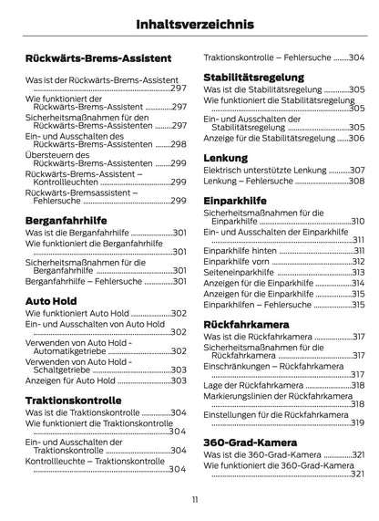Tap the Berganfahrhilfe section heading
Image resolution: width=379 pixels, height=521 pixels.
click(x=67, y=221)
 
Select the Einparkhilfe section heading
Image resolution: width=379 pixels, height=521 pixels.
click(x=236, y=198)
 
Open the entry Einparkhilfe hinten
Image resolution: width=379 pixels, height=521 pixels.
click(x=241, y=250)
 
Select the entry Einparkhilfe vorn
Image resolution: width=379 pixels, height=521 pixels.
click(x=237, y=262)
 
